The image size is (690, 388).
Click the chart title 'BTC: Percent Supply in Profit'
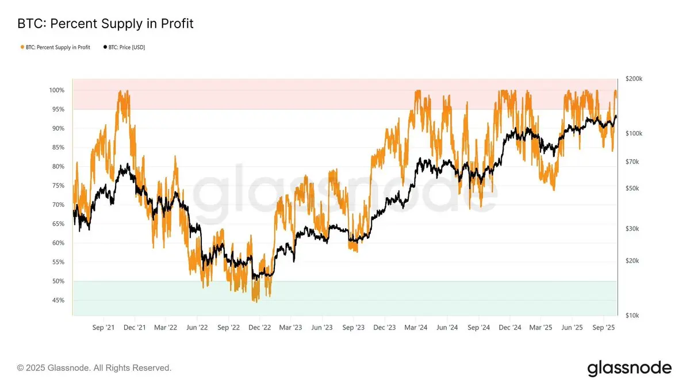(105, 24)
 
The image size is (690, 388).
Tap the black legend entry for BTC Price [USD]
(124, 47)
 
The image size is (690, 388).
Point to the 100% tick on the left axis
(56, 90)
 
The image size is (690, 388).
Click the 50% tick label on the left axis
(57, 281)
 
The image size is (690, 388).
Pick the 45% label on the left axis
(57, 301)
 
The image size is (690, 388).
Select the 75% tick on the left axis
(57, 186)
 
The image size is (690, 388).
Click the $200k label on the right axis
(633, 79)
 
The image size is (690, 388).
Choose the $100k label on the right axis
(633, 133)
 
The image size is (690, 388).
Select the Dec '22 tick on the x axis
(259, 328)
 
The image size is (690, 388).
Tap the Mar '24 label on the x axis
(416, 328)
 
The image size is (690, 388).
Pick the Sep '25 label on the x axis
(604, 328)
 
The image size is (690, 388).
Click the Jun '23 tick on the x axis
(322, 328)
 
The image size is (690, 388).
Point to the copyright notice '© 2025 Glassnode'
(94, 367)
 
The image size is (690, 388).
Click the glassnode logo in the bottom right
(629, 368)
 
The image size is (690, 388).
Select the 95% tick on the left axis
(57, 109)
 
